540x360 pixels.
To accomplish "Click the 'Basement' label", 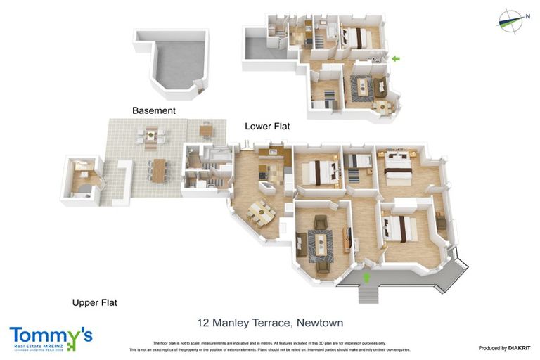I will [154, 110].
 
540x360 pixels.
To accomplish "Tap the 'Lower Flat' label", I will [267, 127].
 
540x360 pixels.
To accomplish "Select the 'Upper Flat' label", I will [94, 303].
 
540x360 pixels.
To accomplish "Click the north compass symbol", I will [511, 20].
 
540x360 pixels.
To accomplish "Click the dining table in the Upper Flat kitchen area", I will [262, 210].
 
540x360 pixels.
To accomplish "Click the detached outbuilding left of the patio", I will [83, 179].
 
